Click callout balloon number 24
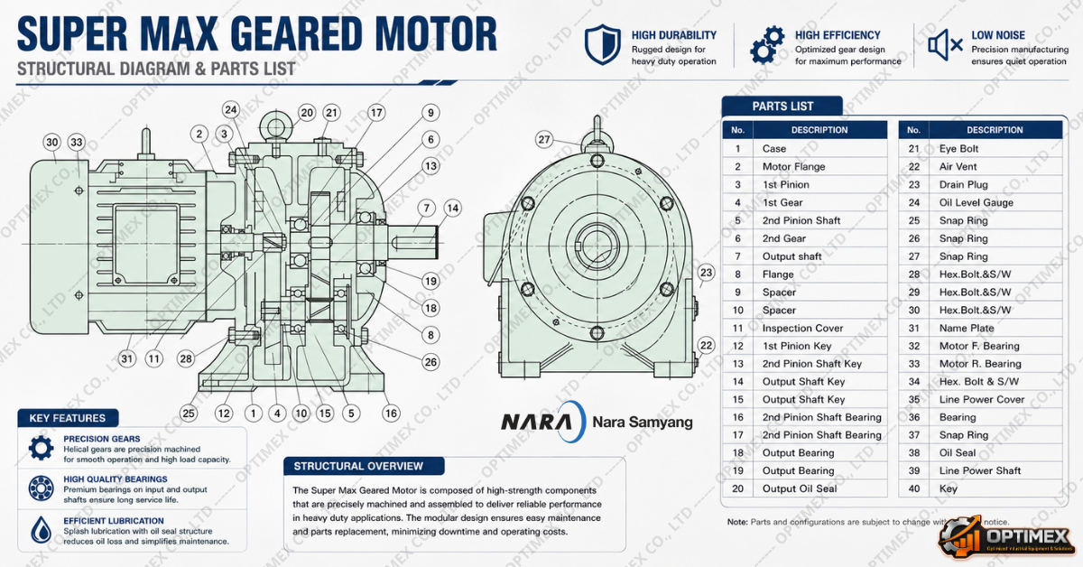pos(231,110)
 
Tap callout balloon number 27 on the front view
pos(544,140)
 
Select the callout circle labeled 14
pos(452,209)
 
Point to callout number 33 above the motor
pos(77,143)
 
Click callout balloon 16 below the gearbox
pos(391,414)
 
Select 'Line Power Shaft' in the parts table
pos(979,470)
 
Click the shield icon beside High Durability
pos(602,44)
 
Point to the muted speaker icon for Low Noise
pos(945,45)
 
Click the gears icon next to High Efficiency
pos(767,45)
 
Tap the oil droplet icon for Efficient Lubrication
pos(42,530)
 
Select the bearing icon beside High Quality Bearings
pos(42,488)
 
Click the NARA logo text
pos(536,422)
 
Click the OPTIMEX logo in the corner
pos(1008,538)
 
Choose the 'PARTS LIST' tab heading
pos(782,106)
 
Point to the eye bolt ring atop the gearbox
pos(275,126)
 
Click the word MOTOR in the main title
pos(436,34)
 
